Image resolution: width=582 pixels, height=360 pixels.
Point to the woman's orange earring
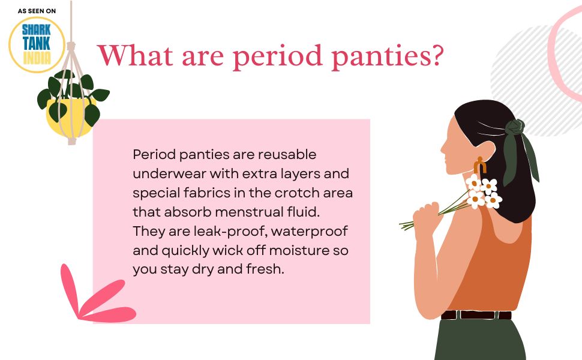pos(479,166)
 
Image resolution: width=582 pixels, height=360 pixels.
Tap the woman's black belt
pos(477,314)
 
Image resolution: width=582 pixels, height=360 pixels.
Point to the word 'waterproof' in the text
pos(317,231)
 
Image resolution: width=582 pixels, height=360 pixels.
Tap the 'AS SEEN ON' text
pos(37,11)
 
